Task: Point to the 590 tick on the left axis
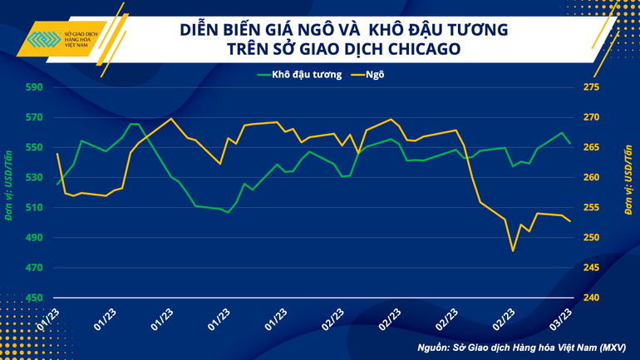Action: [x=33, y=87]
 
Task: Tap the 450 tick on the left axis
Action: [x=33, y=298]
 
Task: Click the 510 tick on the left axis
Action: [x=33, y=208]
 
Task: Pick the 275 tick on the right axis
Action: [x=591, y=87]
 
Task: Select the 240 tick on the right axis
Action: [x=591, y=298]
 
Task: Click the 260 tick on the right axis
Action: [x=591, y=178]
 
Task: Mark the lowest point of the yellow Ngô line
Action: [x=513, y=251]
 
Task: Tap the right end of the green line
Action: [x=569, y=143]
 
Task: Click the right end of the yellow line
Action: [x=569, y=221]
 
